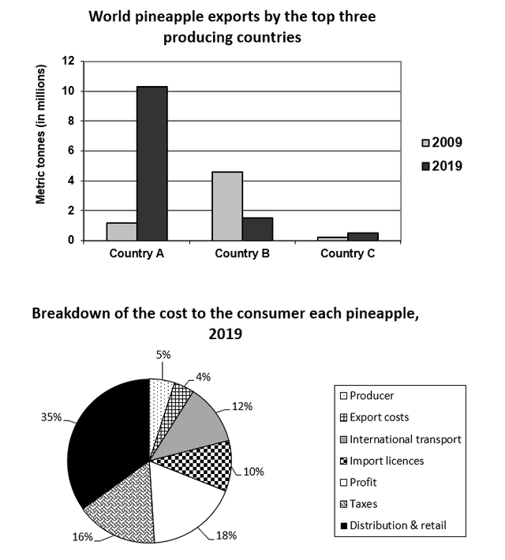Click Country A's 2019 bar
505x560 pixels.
click(x=152, y=163)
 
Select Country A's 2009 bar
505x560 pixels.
click(x=122, y=231)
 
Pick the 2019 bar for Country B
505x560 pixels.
click(x=256, y=229)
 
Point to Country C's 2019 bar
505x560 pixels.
click(x=362, y=236)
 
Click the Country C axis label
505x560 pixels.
click(x=348, y=254)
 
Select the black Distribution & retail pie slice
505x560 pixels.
click(x=110, y=442)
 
